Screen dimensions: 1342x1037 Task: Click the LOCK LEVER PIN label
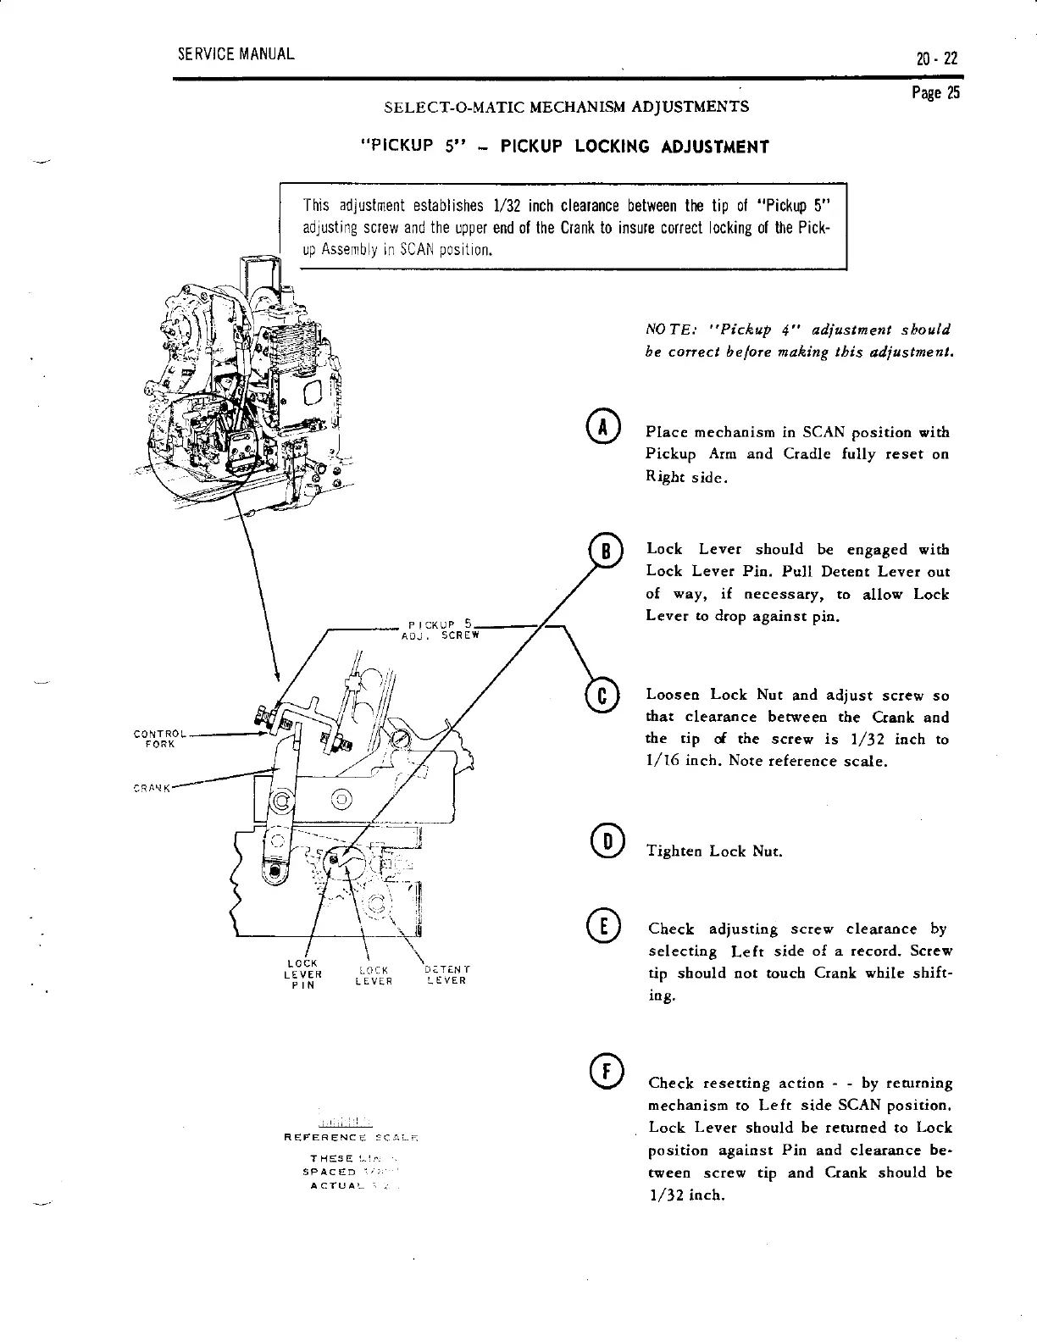302,973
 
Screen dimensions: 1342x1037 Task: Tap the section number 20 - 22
934,59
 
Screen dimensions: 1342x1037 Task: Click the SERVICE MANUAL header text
236,55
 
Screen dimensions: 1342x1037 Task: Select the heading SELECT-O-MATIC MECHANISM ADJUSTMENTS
566,108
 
